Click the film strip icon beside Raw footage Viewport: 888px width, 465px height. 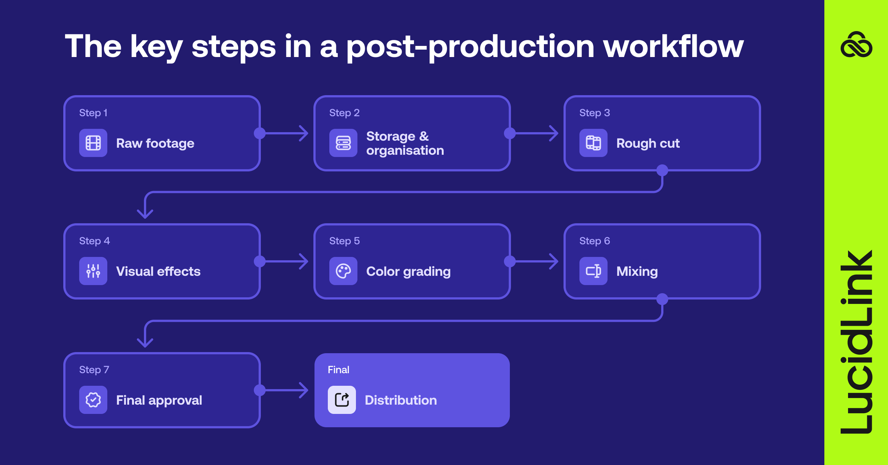(93, 143)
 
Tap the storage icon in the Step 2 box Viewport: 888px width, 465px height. (343, 143)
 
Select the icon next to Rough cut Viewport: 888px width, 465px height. (593, 143)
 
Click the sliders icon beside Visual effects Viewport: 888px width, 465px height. (93, 271)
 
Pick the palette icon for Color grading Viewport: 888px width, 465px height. (343, 271)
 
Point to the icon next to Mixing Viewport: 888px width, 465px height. (593, 271)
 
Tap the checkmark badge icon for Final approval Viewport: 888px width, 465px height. (93, 400)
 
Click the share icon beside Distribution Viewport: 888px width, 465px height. (342, 400)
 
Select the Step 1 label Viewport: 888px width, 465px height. (93, 113)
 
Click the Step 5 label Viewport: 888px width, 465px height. (344, 241)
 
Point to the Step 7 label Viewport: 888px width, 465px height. (94, 370)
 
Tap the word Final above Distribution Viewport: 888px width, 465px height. (339, 370)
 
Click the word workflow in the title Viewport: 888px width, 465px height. (673, 47)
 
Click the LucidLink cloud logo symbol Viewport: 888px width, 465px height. (856, 45)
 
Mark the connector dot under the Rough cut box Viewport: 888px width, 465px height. (662, 170)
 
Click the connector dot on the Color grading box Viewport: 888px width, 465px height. (510, 261)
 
